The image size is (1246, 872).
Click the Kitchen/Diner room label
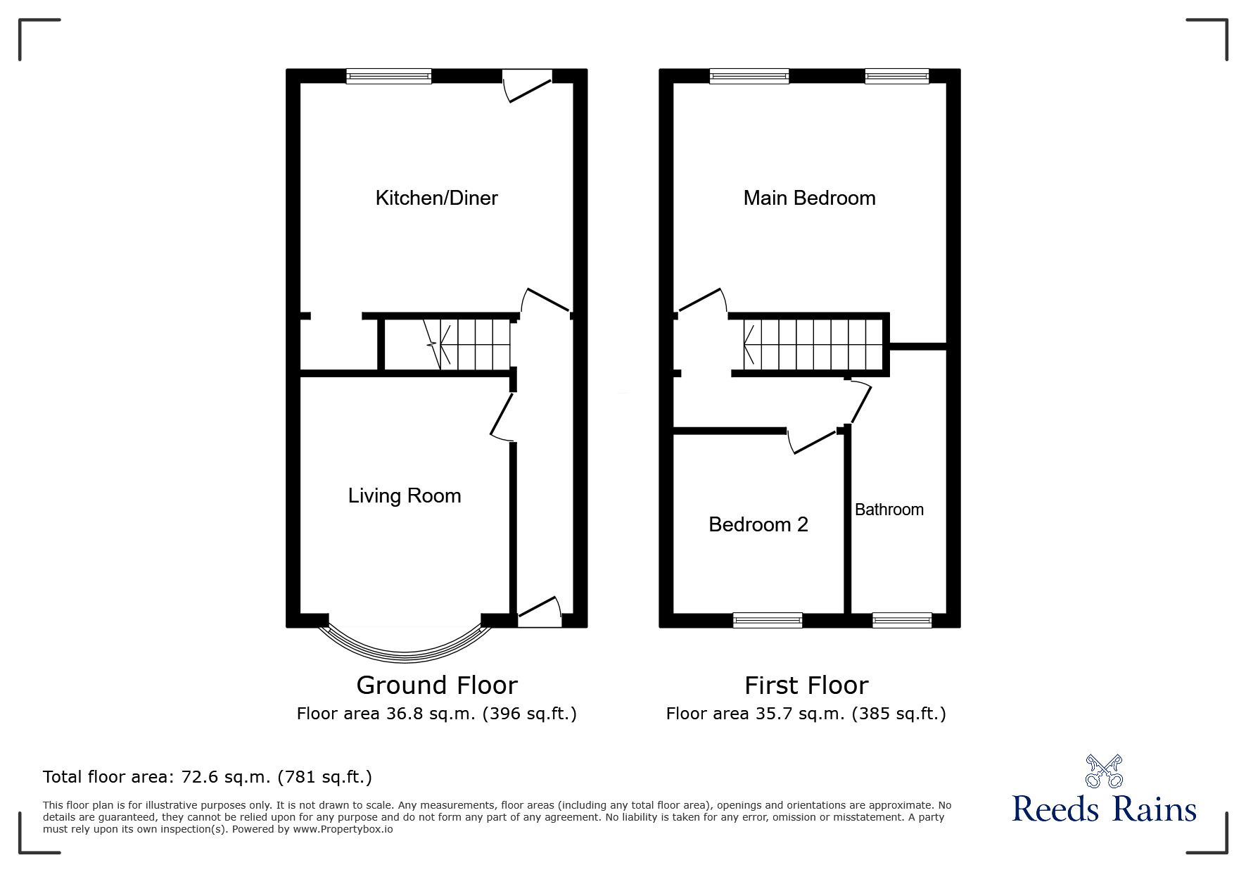(436, 198)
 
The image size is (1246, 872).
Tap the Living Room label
(405, 496)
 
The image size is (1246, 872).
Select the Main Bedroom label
(809, 198)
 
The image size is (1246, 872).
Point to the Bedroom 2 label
(758, 524)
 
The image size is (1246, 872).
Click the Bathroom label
(889, 510)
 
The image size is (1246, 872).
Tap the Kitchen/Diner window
(388, 76)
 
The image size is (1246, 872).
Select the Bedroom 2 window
(767, 620)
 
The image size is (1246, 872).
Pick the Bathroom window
(902, 620)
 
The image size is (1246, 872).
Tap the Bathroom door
(860, 401)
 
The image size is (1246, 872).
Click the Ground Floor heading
(437, 685)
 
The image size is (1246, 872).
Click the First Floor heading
(806, 685)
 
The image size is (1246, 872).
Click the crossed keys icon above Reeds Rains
(1104, 771)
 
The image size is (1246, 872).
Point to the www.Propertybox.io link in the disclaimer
(343, 829)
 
